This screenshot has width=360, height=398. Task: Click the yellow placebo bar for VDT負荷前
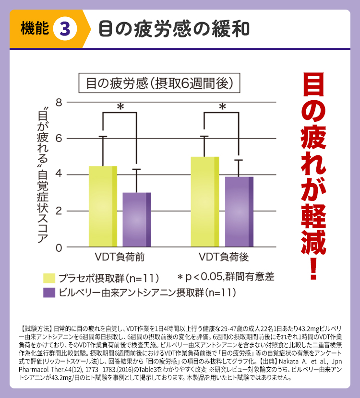[103, 206]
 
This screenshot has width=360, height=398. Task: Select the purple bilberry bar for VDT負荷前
[137, 220]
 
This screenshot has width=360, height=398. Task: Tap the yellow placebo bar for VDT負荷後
[205, 201]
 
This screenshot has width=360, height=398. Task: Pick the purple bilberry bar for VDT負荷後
[239, 211]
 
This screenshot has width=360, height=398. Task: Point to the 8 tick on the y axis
[59, 102]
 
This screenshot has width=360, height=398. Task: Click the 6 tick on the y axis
[59, 139]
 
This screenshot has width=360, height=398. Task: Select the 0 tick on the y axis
[59, 247]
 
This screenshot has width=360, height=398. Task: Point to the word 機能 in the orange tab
[35, 28]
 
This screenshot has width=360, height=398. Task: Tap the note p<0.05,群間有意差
[225, 277]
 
